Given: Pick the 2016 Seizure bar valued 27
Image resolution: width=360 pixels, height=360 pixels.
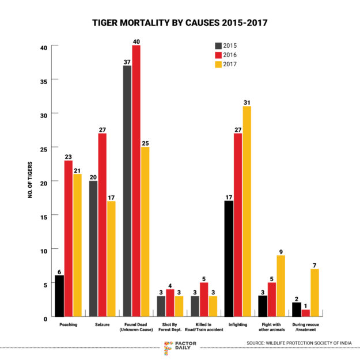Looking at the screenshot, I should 102,225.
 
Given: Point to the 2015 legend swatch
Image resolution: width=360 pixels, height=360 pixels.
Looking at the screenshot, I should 218,46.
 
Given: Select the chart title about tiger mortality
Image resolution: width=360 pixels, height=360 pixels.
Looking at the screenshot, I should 180,23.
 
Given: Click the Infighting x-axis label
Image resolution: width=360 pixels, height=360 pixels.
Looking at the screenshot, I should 238,325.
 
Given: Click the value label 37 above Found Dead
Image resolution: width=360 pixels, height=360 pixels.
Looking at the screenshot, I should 127,61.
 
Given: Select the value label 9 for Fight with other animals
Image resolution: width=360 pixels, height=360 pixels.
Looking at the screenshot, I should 282,251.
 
